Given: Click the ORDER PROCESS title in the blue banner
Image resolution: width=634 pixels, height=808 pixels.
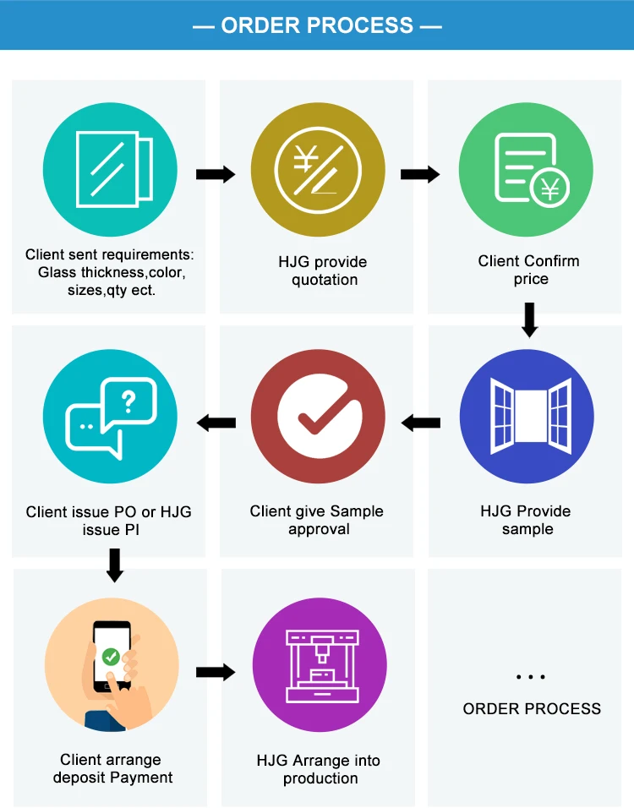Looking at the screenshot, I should coord(317,25).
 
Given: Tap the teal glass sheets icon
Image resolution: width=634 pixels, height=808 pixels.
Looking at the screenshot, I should coord(111,170).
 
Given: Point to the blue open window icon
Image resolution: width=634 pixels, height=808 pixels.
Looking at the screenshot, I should coord(526,420).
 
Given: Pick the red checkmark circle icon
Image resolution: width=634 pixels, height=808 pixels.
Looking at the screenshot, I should coord(318,420).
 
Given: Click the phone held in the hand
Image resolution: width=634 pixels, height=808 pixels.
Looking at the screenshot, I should coord(112,656).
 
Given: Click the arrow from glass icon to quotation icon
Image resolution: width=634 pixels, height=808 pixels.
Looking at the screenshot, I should coord(216,175).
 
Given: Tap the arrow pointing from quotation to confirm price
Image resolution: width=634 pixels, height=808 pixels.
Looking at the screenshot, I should coord(420,175).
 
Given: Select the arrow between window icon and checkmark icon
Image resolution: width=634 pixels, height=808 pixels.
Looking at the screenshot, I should coord(421,422).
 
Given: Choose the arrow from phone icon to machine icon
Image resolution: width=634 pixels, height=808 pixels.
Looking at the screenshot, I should coord(216,672).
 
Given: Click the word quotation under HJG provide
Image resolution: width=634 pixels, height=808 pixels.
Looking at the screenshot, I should coord(325,280).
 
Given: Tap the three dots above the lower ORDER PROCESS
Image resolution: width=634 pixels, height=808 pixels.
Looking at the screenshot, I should coord(531,676).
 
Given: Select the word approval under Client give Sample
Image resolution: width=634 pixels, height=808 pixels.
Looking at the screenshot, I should coord(319,529).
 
